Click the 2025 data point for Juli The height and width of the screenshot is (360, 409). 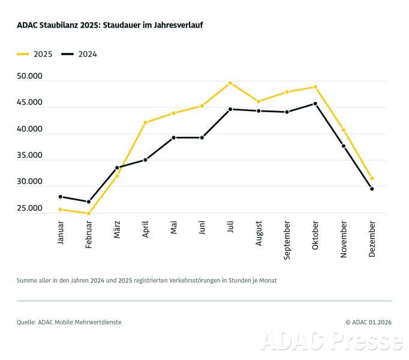(230, 83)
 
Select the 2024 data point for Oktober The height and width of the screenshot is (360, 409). (315, 104)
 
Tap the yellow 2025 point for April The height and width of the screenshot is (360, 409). (145, 122)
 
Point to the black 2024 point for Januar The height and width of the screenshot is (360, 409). (61, 197)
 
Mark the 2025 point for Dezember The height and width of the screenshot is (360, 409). (372, 178)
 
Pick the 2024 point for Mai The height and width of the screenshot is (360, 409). (173, 137)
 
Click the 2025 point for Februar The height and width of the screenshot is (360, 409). (89, 213)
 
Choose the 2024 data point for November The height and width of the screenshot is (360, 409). (344, 146)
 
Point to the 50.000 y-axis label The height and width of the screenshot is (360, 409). (30, 77)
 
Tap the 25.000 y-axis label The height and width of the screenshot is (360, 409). (30, 209)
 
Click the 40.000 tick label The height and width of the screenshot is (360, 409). (30, 130)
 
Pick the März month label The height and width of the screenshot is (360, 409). (118, 231)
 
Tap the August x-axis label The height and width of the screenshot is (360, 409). (259, 235)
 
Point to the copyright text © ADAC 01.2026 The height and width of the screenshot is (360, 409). (368, 322)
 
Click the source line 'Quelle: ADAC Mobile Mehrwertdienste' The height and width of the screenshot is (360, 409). (69, 322)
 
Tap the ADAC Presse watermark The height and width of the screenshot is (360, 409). (332, 340)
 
